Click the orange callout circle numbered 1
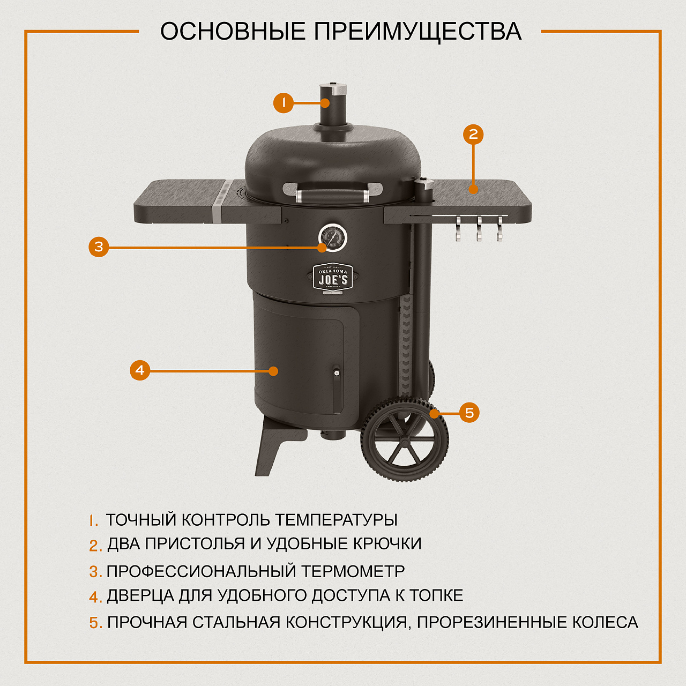(x=284, y=102)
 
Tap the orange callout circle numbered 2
(x=473, y=134)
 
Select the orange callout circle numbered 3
(x=99, y=247)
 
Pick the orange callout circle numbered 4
(x=140, y=370)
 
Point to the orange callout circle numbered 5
(x=469, y=413)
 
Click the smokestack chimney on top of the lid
(x=333, y=105)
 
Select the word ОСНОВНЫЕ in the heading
(x=233, y=32)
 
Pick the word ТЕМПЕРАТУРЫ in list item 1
(x=336, y=520)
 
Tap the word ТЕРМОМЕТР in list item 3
(x=353, y=571)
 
